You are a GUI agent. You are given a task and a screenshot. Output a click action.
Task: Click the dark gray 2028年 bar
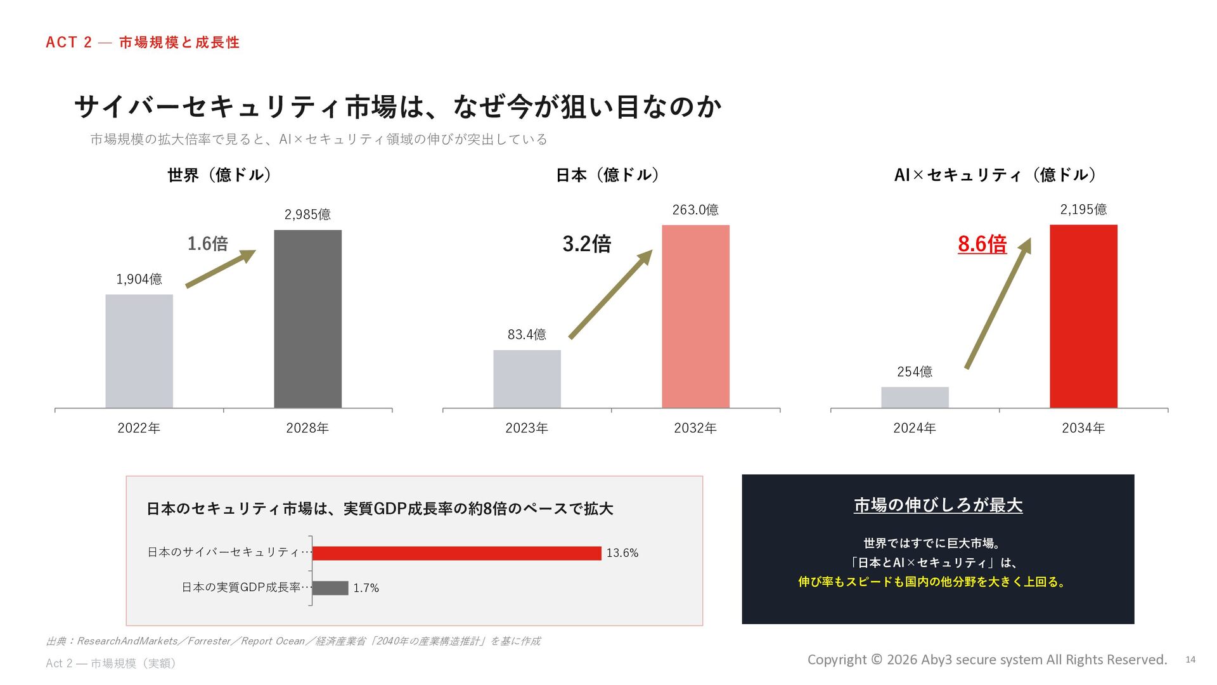coord(307,319)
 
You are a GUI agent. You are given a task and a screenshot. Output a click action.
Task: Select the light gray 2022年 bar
coord(139,351)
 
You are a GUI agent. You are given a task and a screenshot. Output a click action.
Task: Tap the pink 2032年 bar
coord(695,316)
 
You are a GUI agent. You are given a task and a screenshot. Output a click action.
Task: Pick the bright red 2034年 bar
coord(1083,316)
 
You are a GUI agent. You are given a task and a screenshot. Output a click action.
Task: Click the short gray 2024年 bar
coord(915,398)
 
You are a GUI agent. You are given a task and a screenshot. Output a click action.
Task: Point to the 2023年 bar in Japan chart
coord(527,379)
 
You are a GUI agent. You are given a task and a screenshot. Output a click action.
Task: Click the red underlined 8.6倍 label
coord(982,244)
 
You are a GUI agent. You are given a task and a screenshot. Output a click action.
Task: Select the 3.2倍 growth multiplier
coord(587,244)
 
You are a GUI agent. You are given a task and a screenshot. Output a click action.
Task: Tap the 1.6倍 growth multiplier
coord(207,244)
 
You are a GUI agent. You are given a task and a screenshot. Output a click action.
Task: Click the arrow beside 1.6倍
coord(221,268)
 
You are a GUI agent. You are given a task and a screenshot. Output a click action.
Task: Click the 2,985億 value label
coord(307,214)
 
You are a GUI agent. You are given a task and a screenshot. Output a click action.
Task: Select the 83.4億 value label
coord(527,334)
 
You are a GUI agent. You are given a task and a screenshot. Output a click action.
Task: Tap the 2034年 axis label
coord(1083,428)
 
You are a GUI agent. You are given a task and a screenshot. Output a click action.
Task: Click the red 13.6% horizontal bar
coord(457,553)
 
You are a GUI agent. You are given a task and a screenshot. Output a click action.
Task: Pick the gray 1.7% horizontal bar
coord(330,588)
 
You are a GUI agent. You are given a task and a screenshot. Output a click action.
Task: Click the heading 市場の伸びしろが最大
coord(938,506)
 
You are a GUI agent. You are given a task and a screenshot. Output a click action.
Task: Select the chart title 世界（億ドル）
coord(219,175)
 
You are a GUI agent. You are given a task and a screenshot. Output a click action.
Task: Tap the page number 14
coord(1190,660)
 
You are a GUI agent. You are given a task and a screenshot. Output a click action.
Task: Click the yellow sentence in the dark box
coord(932,582)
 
